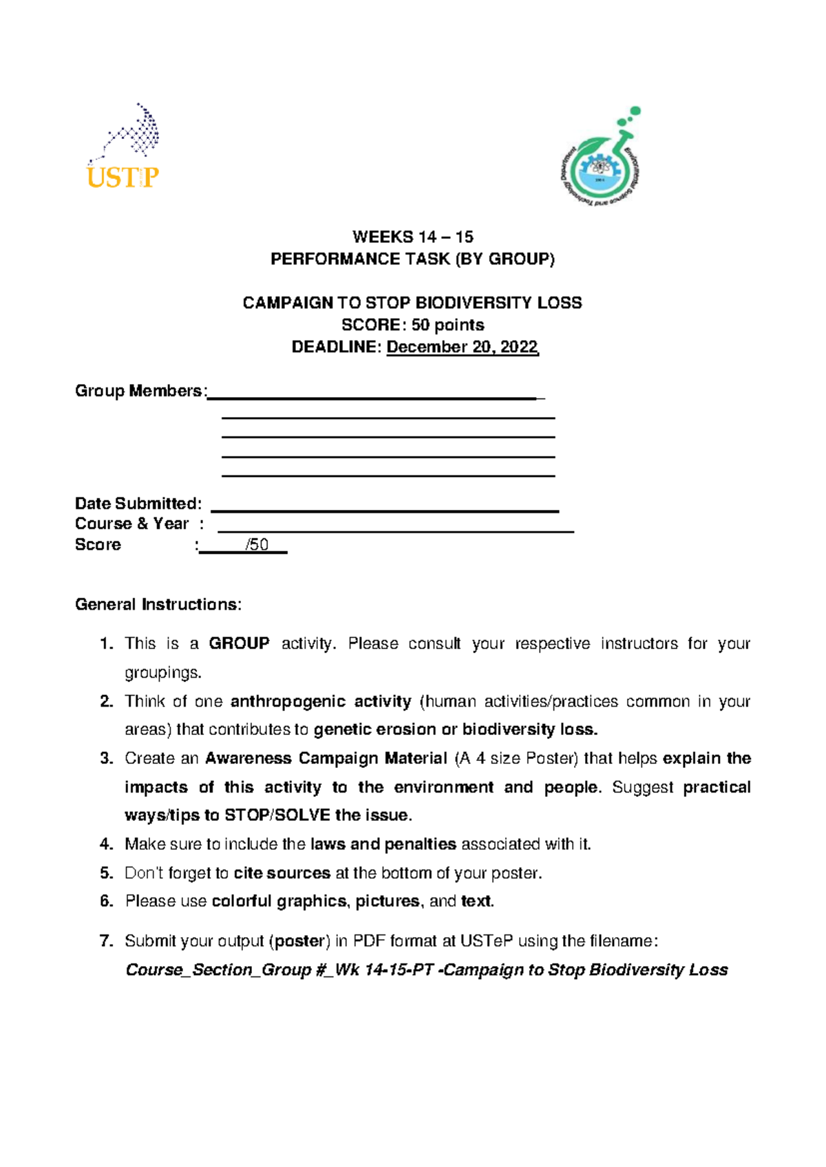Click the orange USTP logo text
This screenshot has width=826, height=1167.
pos(123,178)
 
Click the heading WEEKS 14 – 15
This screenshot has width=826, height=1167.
pos(412,237)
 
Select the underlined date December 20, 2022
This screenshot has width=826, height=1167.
pos(462,347)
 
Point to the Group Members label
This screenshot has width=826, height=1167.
pos(139,391)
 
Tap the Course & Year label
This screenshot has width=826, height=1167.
pos(131,524)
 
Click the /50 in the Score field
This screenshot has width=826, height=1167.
pos(257,545)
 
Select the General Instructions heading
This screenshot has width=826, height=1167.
pos(158,605)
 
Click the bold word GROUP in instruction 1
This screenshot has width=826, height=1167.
pos(239,643)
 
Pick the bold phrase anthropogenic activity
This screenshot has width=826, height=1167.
pos(321,701)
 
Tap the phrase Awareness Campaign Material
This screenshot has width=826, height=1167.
pos(326,758)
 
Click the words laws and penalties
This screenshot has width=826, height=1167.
pos(383,844)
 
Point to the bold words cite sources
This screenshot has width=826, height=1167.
pos(282,873)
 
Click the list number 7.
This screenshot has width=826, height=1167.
pos(105,941)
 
